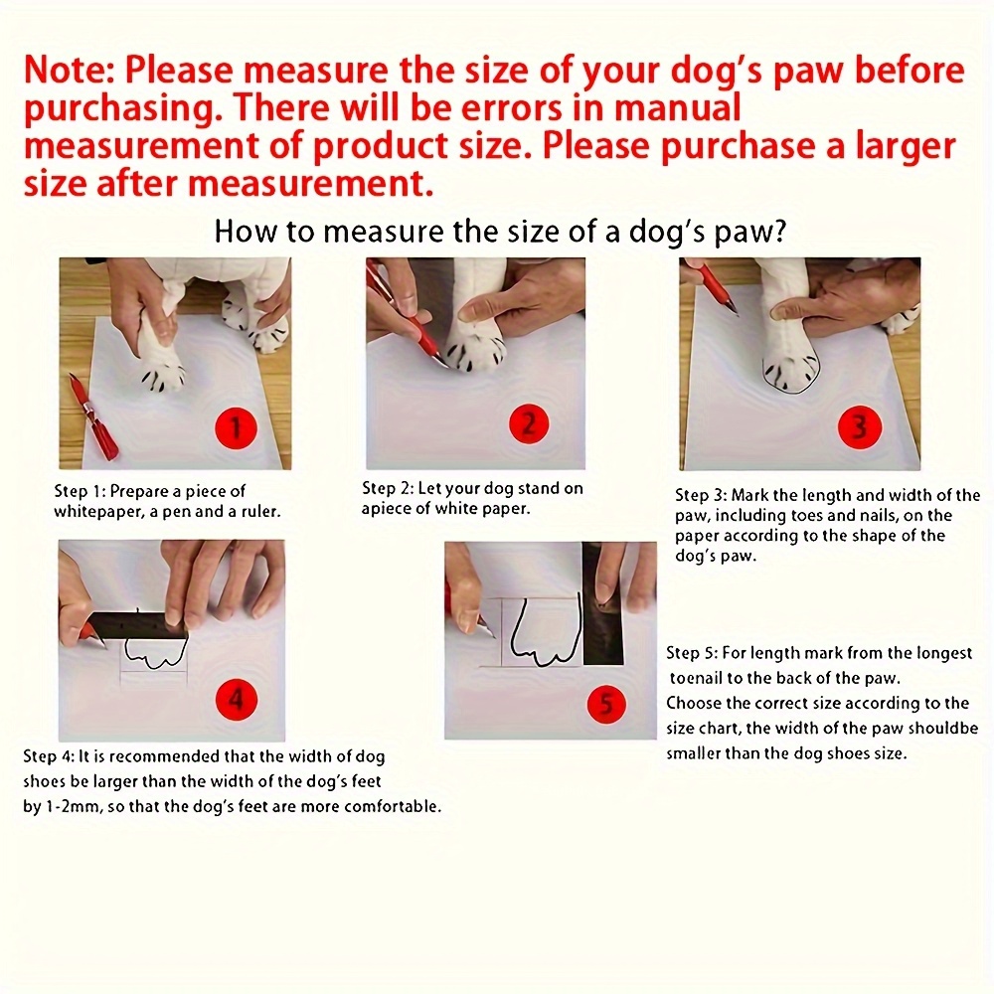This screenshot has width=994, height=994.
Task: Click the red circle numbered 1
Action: (236, 428)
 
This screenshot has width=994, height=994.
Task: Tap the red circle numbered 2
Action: (529, 425)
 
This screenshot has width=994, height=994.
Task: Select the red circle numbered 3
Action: (859, 426)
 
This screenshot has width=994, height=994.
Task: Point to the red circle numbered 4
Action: (236, 700)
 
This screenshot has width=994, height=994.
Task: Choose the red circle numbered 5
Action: (606, 706)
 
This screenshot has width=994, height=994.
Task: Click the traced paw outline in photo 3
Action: (790, 375)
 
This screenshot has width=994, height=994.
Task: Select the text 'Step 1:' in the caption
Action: (80, 491)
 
